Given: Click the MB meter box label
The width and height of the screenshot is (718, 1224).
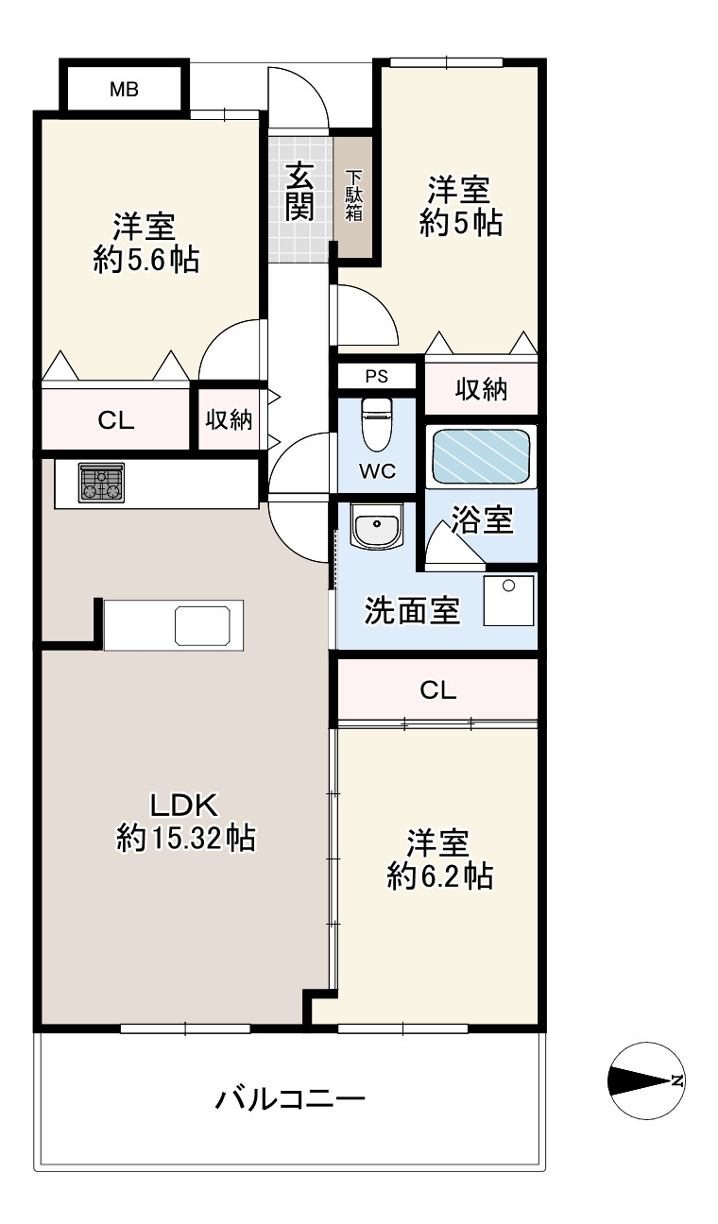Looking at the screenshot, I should tap(124, 91).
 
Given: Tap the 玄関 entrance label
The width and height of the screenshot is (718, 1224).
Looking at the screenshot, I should tap(299, 192).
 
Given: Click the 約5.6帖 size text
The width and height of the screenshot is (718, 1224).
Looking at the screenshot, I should tap(146, 261).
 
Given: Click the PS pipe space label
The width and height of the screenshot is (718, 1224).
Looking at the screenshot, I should tap(377, 376).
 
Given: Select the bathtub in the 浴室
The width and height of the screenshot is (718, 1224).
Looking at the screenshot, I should tap(481, 456).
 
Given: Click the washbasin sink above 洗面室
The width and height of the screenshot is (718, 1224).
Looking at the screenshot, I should tap(377, 524).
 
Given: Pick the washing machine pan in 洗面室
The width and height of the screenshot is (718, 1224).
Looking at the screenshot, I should tap(509, 600).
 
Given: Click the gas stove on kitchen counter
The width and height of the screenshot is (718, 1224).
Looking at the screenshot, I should tap(101, 482).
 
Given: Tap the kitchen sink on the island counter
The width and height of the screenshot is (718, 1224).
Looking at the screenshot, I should tap(203, 625).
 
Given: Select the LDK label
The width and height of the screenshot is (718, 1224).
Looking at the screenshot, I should tap(185, 805).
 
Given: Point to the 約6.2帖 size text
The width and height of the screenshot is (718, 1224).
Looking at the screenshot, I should tap(439, 875).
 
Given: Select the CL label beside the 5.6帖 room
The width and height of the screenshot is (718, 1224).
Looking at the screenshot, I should tap(116, 421).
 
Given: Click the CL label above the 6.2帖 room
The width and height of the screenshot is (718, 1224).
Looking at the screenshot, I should tap(438, 690).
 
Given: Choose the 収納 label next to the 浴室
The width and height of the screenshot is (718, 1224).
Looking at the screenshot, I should tap(482, 389).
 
